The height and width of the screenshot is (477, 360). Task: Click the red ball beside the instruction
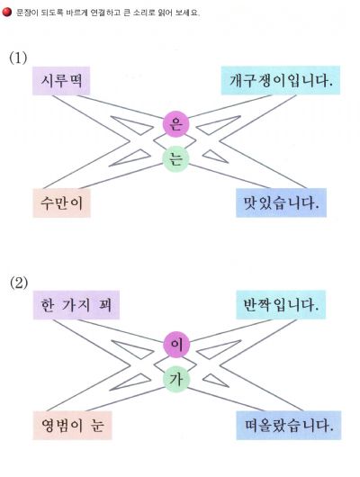[6, 13]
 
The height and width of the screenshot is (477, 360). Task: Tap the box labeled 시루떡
[61, 81]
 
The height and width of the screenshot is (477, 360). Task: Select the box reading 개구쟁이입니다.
[280, 80]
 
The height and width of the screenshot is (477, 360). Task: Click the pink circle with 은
[175, 124]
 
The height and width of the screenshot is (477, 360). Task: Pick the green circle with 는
[175, 158]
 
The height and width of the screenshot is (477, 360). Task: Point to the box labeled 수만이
[61, 202]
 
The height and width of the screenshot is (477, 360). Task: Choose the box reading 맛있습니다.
[281, 202]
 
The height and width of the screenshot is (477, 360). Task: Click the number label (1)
[18, 58]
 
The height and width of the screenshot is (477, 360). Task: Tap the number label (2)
[19, 283]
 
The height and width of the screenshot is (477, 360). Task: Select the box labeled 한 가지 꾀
[76, 305]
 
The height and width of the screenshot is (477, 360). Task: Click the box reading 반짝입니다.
[281, 304]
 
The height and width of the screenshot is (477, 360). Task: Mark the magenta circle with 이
[176, 345]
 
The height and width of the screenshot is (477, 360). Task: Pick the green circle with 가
[176, 379]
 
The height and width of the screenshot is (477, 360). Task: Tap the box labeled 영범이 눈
[72, 426]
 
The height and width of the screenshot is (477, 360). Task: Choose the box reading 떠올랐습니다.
[289, 426]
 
